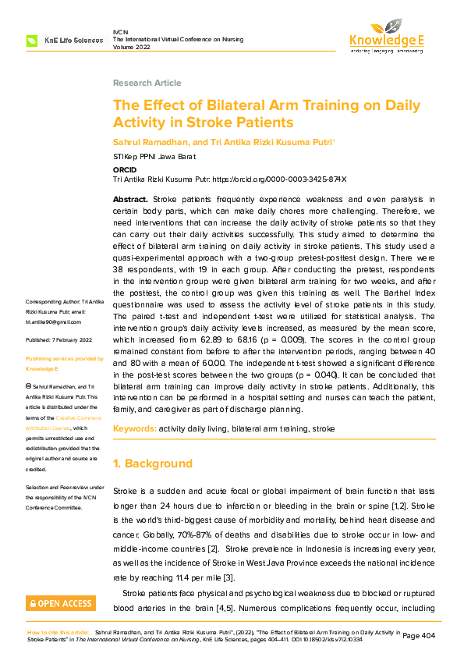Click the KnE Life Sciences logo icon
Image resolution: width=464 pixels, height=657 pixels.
pyautogui.click(x=32, y=39)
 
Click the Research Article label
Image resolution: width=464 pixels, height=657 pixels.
pyautogui.click(x=147, y=83)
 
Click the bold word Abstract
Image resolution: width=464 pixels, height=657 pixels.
pyautogui.click(x=129, y=201)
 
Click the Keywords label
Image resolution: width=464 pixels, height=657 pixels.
pyautogui.click(x=134, y=429)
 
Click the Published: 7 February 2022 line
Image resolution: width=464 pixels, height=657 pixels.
pyautogui.click(x=59, y=340)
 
